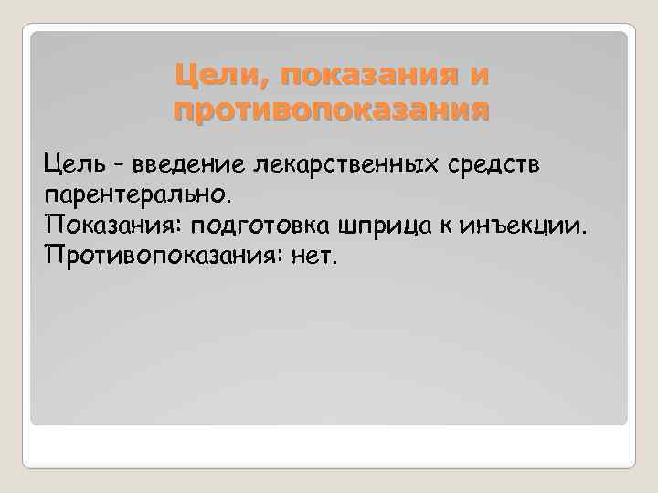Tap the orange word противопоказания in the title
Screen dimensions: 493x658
331,111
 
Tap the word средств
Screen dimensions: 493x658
496,165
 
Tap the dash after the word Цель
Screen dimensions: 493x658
122,166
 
